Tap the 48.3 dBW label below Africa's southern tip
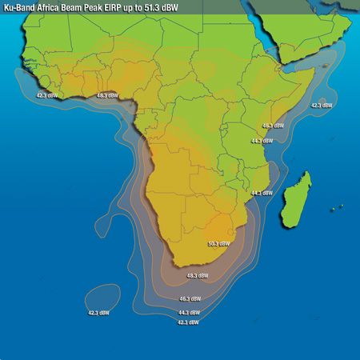197,276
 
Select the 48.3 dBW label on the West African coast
106,96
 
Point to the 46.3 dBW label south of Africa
190,298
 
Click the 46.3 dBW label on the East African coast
273,126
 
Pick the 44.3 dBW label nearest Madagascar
262,193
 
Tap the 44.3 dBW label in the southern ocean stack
189,312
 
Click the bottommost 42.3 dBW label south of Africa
187,322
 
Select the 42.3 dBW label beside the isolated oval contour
98,313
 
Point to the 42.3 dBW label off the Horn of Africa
322,105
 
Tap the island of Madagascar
297,195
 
